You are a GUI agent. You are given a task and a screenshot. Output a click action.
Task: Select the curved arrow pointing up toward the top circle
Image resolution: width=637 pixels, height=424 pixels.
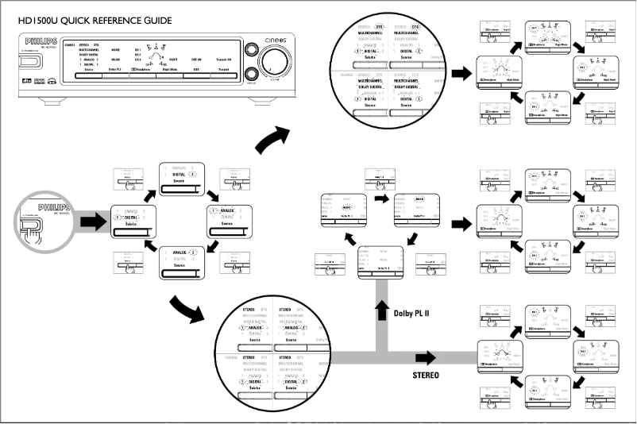[273, 139]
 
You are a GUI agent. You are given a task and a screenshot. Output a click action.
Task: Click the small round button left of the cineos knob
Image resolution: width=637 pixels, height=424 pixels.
[252, 48]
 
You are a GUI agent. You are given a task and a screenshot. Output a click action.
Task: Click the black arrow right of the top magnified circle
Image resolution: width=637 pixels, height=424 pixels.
[461, 72]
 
